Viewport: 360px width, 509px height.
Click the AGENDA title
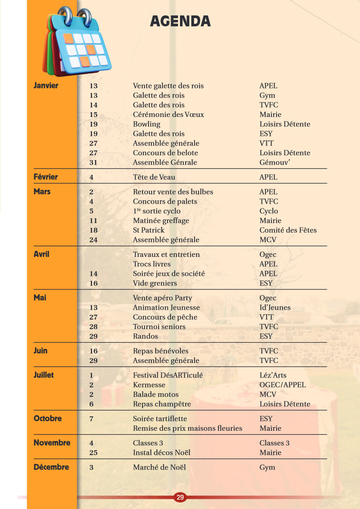180,21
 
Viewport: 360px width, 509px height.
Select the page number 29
180,497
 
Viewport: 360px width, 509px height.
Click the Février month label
46,177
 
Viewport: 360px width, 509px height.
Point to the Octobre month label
48,418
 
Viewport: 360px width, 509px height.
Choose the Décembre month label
51,467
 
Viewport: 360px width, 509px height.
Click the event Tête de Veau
154,177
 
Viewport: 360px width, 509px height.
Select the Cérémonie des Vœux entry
168,115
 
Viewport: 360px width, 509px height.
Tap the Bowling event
147,124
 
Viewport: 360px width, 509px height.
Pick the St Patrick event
149,230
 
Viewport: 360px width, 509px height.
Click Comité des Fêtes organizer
288,230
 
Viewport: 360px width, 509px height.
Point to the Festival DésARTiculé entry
168,375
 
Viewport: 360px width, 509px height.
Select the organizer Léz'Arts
273,375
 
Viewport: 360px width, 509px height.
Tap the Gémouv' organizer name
275,163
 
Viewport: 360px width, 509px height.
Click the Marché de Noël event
159,467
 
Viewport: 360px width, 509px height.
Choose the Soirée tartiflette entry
160,419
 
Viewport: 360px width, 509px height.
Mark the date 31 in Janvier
93,163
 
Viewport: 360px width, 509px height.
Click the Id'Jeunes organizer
275,308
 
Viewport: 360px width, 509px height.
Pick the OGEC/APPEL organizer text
283,385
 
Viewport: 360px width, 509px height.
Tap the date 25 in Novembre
93,453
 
